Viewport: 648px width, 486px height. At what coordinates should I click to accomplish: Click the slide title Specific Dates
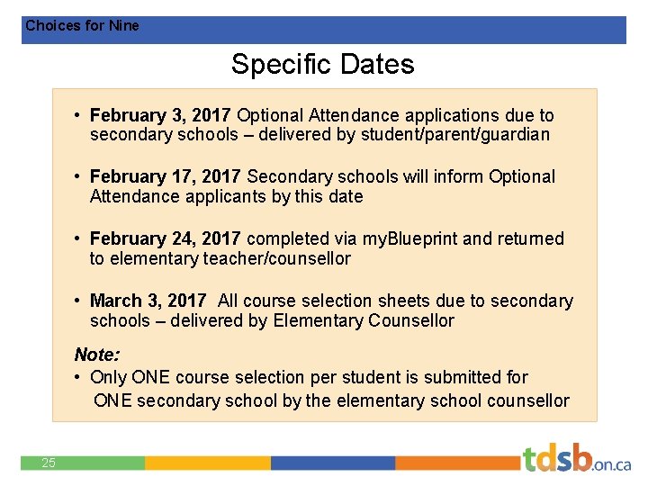(322, 65)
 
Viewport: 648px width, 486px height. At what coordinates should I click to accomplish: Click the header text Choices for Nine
(82, 26)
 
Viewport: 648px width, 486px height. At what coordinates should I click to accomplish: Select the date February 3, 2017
(160, 115)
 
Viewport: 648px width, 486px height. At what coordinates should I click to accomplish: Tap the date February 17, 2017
(165, 176)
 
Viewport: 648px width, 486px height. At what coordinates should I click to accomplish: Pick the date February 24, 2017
(165, 238)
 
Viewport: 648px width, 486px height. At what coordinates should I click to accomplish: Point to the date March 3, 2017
(148, 301)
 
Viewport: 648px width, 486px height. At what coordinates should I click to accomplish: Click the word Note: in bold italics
(96, 355)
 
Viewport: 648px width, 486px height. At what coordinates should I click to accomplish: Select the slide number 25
(49, 463)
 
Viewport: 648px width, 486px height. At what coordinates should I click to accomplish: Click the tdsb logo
(576, 459)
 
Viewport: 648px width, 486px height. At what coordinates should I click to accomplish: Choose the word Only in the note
(108, 377)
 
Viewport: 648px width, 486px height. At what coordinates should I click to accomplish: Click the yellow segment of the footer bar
(207, 463)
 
